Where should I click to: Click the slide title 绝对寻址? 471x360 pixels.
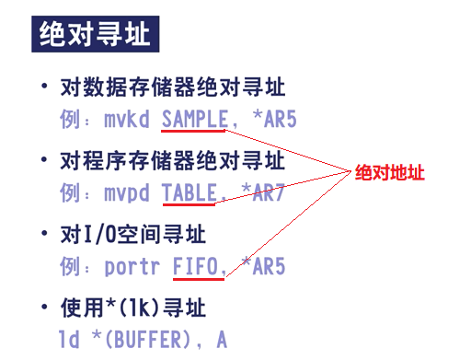tap(93, 36)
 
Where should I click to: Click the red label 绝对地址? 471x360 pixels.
tap(391, 172)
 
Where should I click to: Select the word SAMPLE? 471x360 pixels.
tap(194, 118)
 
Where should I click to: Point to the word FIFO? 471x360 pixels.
tap(198, 267)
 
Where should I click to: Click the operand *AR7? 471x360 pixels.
tap(261, 192)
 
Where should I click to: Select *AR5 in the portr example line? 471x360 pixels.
tap(261, 267)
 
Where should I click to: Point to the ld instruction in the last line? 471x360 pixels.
tap(69, 340)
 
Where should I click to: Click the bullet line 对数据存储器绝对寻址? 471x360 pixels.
tap(172, 87)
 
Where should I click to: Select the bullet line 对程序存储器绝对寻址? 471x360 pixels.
tap(172, 162)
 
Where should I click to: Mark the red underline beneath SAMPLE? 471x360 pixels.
tap(194, 131)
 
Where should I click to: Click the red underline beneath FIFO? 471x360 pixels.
tap(198, 280)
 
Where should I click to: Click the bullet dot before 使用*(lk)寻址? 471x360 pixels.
tap(43, 308)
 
